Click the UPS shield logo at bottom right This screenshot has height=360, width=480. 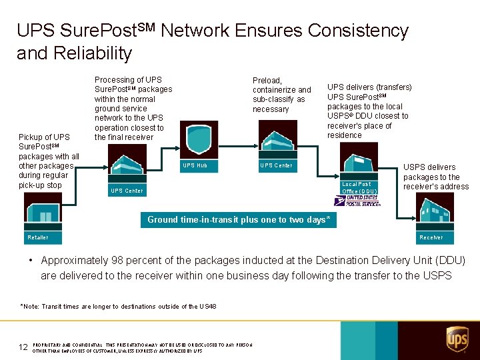click(457, 339)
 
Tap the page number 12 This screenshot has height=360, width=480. click(23, 347)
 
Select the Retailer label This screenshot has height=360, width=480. click(38, 237)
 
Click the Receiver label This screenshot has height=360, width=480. click(431, 237)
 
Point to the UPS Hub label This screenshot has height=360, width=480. click(195, 165)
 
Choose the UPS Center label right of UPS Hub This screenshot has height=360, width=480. click(276, 165)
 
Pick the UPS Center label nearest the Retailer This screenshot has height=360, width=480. click(127, 191)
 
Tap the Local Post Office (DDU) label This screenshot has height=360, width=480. click(357, 187)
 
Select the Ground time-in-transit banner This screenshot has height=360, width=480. click(238, 220)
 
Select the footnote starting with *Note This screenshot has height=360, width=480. click(119, 307)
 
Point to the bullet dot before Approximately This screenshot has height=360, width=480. click(31, 261)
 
